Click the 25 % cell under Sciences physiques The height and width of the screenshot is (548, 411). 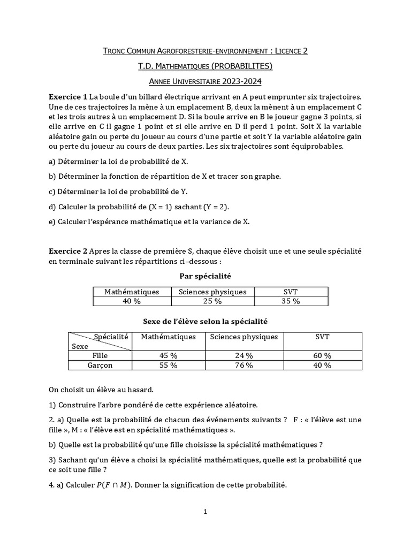212,301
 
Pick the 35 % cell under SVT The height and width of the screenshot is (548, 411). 291,301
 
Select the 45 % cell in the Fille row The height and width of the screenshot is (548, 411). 168,355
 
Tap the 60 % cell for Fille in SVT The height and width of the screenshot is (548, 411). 322,355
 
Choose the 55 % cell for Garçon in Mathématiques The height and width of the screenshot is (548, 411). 168,365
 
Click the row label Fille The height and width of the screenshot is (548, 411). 100,355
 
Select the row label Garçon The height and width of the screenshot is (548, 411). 100,365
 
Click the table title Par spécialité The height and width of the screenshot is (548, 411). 205,276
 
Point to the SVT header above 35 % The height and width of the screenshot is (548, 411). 291,292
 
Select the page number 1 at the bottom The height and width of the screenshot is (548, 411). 205,512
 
